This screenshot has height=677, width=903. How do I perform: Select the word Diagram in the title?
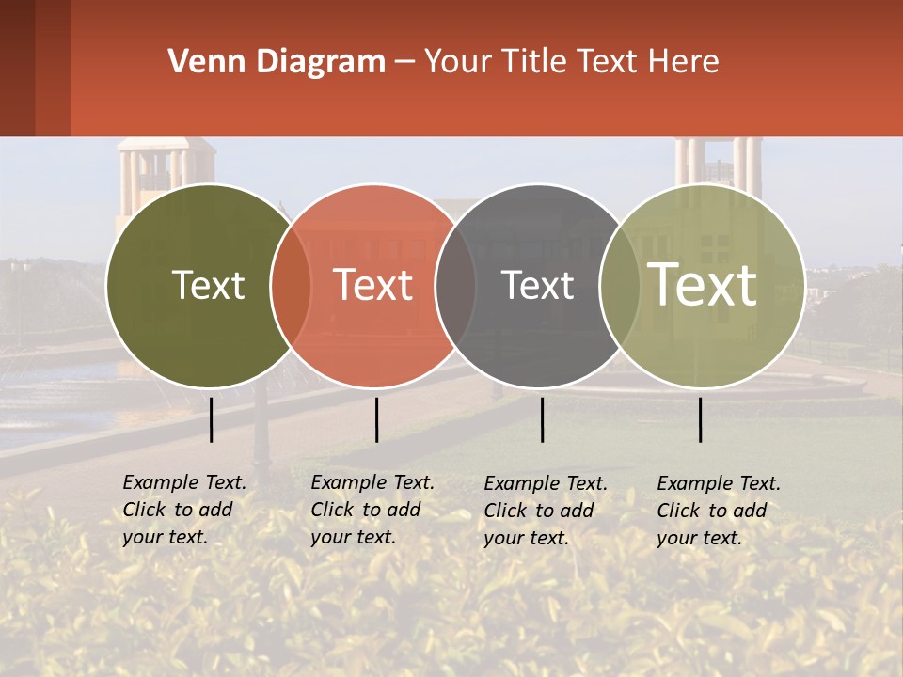pos(321,62)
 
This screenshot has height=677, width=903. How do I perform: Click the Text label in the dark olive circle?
pos(208,285)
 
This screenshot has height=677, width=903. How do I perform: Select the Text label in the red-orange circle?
pos(372,285)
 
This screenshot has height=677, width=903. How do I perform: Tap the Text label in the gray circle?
pos(537,285)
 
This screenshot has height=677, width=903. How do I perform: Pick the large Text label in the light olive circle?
pos(702,284)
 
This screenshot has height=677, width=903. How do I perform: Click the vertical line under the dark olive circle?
pos(211,419)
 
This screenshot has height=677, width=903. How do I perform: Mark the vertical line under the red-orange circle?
pos(376,419)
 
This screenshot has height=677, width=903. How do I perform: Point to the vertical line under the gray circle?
pos(542,419)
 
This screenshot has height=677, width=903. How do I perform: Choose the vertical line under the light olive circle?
pos(700,419)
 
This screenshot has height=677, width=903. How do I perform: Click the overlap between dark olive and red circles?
pos(291,286)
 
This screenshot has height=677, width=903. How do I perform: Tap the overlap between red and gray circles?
pos(455,286)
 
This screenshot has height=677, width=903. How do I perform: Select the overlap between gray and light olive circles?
pos(619,286)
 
